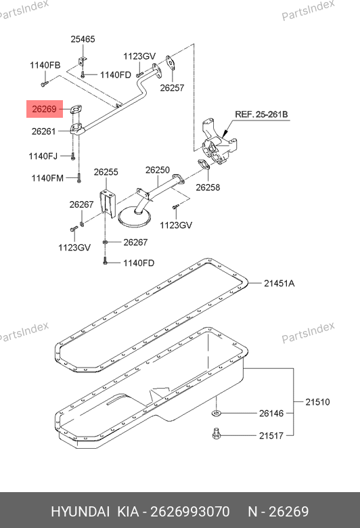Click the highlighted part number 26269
pos(44,109)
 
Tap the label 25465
pos(83,39)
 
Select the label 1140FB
pos(45,66)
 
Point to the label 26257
pos(172,88)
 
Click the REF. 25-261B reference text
pos(261,114)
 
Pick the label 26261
pos(44,131)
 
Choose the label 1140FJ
pos(43,156)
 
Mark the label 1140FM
pos(47,178)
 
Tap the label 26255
pos(106,172)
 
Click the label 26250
pos(158,170)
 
